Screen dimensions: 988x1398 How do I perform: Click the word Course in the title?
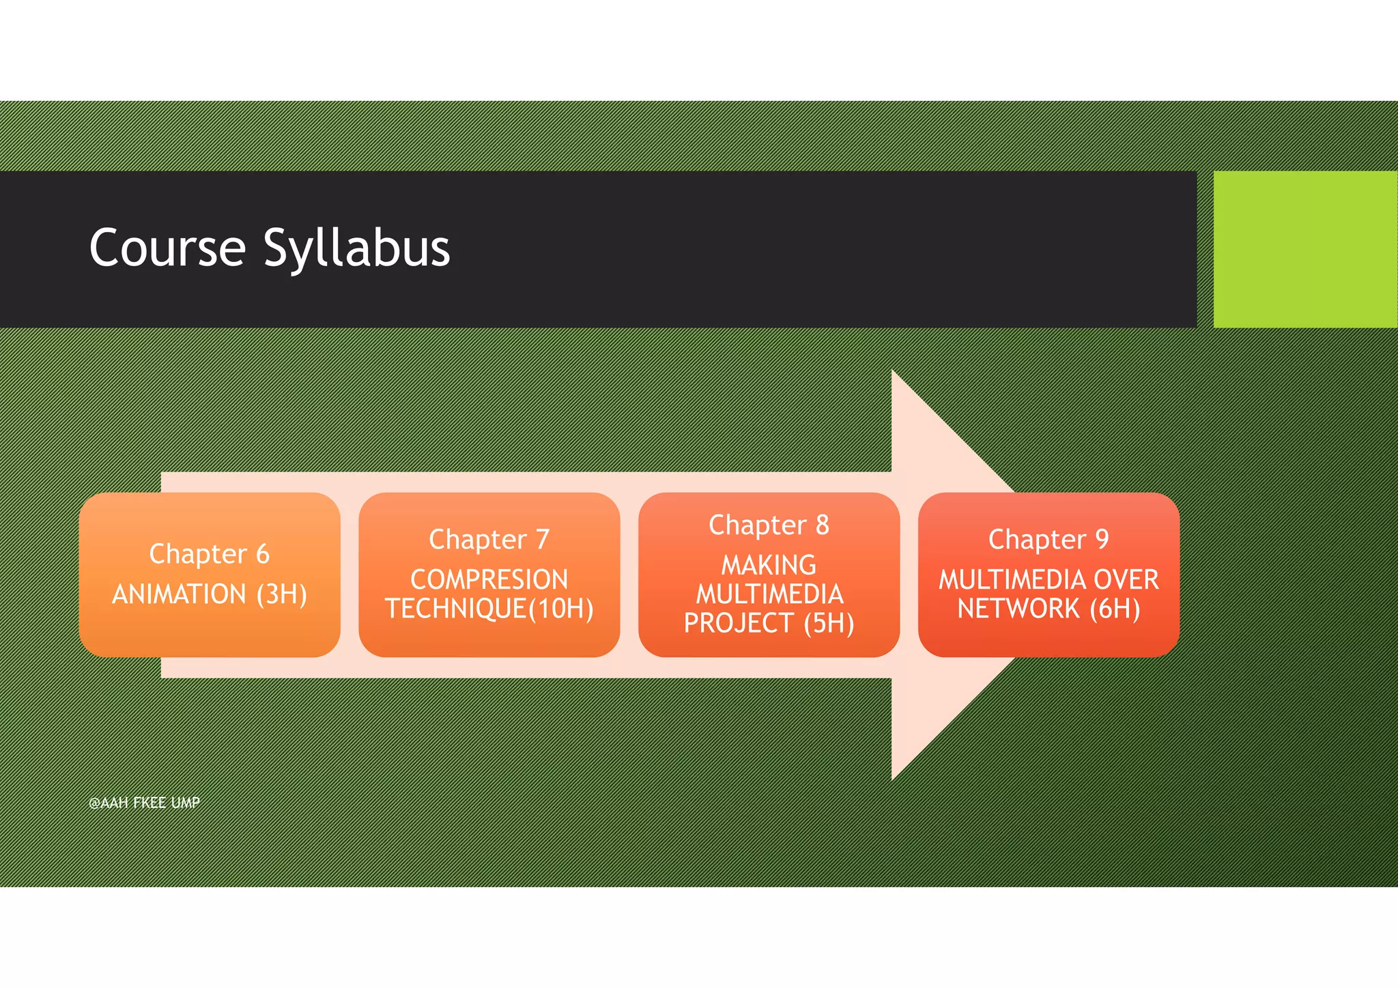coord(167,248)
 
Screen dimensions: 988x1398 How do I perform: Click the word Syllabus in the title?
coord(356,249)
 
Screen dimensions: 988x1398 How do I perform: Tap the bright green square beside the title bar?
coord(1304,249)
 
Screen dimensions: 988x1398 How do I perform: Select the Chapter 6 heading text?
coord(209,554)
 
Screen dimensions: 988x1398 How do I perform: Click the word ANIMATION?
coord(179,594)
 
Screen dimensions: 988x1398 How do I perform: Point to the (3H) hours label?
coord(281,594)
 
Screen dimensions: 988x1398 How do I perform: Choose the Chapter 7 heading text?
coord(489,540)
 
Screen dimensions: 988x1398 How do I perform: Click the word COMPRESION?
coord(489,580)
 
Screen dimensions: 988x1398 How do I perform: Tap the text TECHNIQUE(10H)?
coord(489,609)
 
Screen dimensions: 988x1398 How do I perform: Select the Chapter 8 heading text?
coord(769,525)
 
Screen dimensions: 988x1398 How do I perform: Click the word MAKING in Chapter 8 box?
coord(769,565)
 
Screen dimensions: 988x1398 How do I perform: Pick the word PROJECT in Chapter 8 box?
coord(739,623)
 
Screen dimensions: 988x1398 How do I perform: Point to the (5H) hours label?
coord(829,623)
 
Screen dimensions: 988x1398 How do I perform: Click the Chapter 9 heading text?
coord(1048,540)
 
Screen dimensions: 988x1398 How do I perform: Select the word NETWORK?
coord(1018,609)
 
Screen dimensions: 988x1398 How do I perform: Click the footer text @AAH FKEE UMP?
coord(144,803)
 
